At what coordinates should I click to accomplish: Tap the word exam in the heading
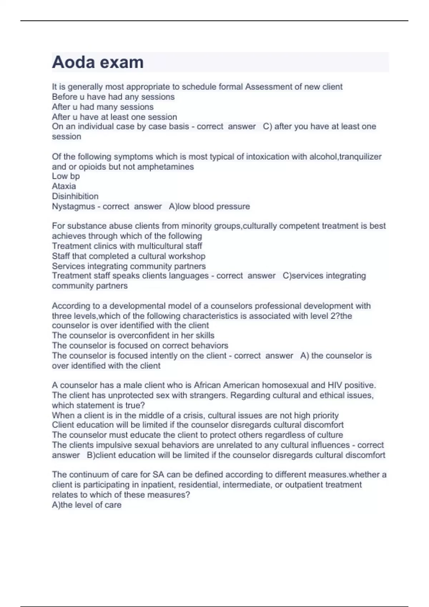(122, 62)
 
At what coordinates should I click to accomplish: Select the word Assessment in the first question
(268, 87)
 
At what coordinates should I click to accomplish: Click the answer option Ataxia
(64, 186)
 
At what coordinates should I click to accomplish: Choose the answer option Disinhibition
(75, 196)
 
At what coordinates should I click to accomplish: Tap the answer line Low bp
(66, 176)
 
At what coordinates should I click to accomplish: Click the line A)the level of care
(87, 505)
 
